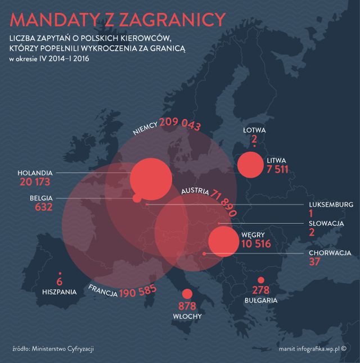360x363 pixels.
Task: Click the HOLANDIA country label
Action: (x=35, y=172)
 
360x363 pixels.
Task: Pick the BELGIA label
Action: (x=41, y=198)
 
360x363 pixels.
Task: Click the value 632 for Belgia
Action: (x=43, y=207)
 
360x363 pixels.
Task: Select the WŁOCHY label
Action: (x=186, y=316)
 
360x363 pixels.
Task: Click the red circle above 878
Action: (x=186, y=294)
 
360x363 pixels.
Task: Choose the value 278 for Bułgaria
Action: (x=260, y=291)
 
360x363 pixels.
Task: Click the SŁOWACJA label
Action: (x=326, y=223)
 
